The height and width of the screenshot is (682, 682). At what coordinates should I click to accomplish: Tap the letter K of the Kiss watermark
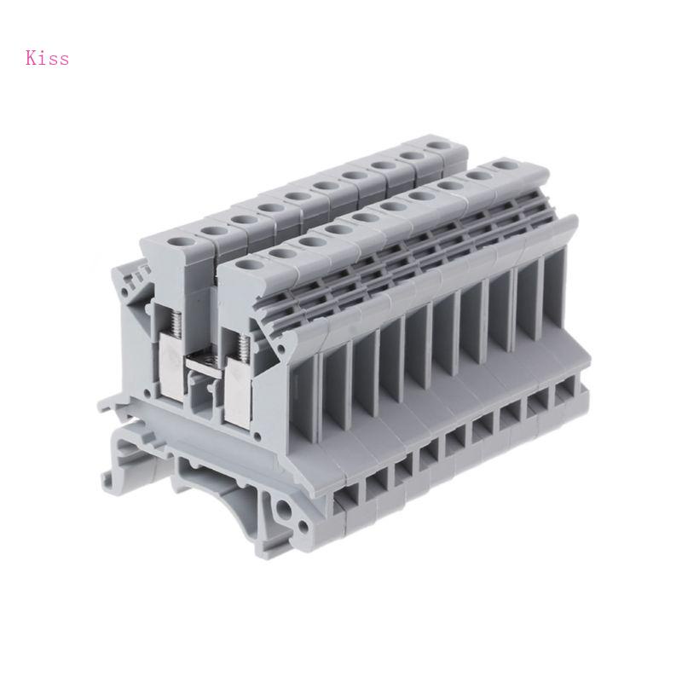click(x=32, y=58)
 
